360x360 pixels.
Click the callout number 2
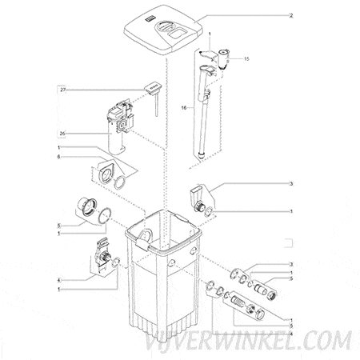[291, 16]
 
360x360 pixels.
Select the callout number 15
[246, 58]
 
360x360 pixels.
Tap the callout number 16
[183, 108]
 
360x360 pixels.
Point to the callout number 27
[63, 90]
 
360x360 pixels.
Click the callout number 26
[62, 134]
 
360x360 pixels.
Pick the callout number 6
[59, 157]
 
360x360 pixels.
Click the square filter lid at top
[163, 29]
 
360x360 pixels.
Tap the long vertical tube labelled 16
[204, 112]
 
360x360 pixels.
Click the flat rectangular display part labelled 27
[153, 88]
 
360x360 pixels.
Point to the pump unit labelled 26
[118, 125]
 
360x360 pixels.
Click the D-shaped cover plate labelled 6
[105, 173]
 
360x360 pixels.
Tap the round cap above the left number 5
[86, 207]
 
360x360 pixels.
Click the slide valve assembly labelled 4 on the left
[101, 255]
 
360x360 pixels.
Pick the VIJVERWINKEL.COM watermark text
[249, 342]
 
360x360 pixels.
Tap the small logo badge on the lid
[148, 19]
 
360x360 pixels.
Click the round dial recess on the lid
[165, 26]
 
